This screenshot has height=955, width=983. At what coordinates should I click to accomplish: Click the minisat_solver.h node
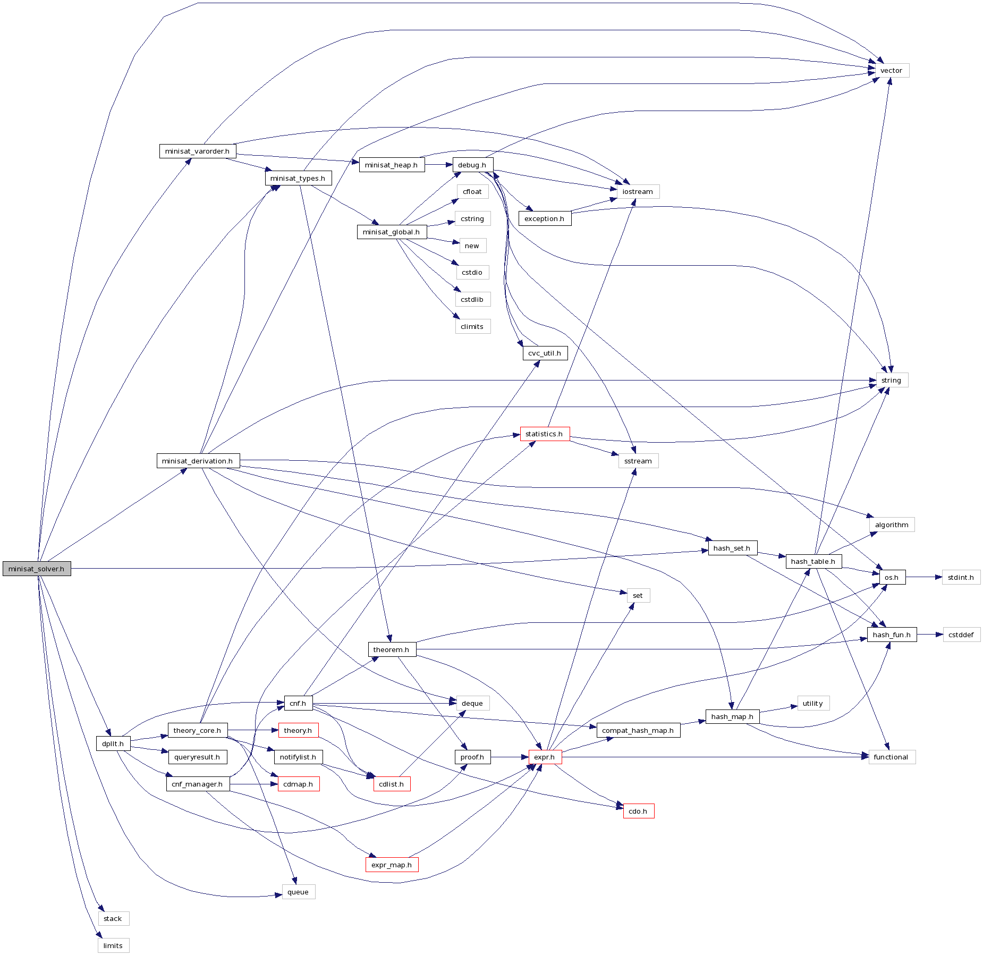37,569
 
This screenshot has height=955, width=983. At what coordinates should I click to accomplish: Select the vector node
891,70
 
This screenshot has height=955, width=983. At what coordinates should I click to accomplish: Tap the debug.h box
472,165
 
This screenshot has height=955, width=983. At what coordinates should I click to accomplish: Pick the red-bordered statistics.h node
545,434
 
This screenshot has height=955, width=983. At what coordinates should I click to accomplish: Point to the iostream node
638,191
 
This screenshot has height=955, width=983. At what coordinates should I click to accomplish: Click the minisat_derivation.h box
198,461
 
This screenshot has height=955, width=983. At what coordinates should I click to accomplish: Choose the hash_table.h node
813,561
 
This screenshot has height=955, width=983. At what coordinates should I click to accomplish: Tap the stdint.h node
961,577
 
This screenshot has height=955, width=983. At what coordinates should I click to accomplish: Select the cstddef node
961,635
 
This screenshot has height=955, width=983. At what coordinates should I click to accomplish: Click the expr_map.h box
392,865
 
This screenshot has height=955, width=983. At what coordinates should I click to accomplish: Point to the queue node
298,892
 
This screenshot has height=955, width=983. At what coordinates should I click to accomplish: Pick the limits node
113,945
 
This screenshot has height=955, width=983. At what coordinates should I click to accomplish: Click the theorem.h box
392,649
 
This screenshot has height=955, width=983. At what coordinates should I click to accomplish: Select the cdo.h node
638,811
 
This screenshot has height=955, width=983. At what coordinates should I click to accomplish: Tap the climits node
472,326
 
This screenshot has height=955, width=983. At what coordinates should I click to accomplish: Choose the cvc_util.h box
545,353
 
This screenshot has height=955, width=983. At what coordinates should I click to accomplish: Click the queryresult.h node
197,757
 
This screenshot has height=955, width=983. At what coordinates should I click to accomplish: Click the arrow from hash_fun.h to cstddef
930,635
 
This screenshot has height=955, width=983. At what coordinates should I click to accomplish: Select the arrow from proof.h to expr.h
509,757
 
